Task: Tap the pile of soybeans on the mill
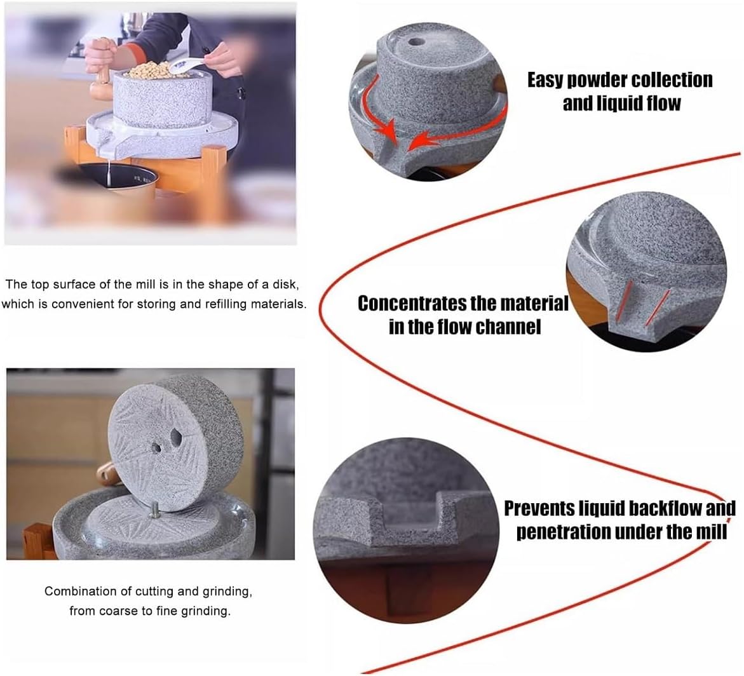click(x=149, y=71)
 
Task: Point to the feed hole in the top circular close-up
click(x=416, y=42)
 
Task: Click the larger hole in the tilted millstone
click(x=176, y=436)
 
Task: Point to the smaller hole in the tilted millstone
click(x=156, y=447)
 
